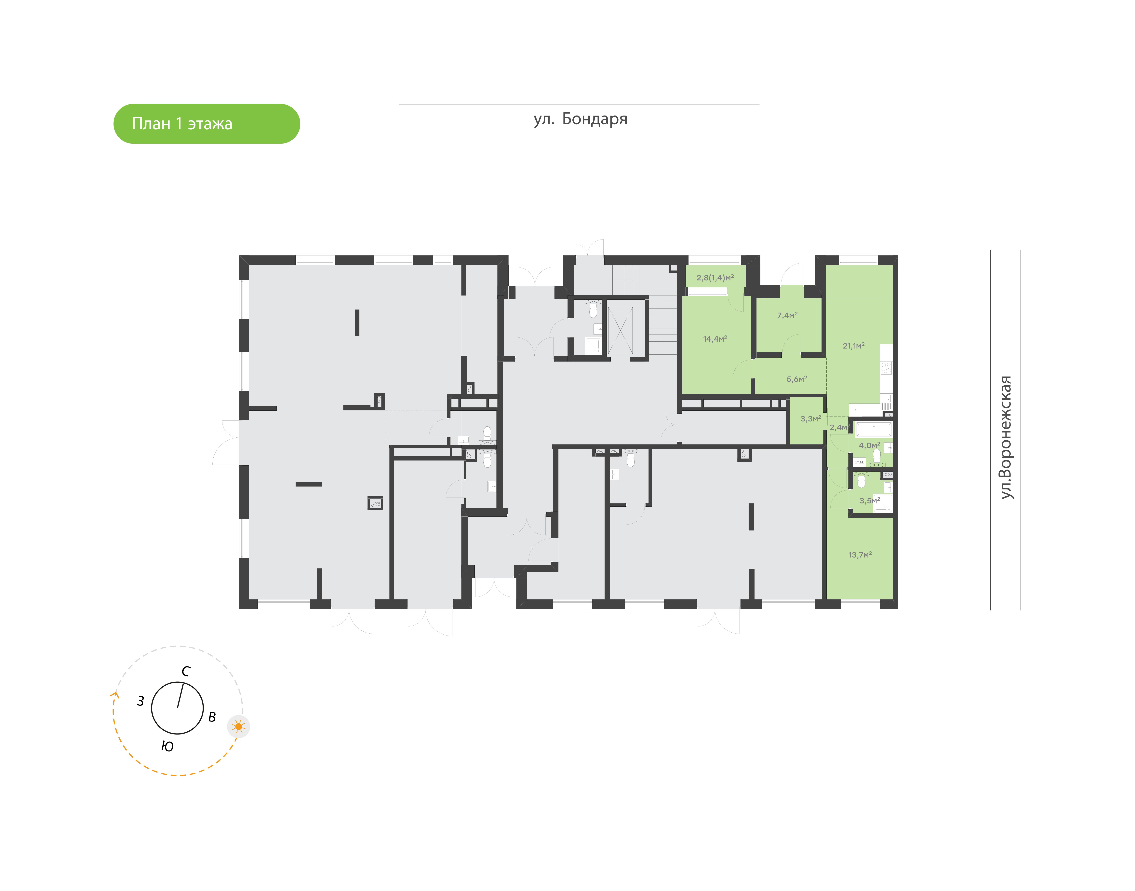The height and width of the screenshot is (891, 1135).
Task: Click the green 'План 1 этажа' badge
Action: [207, 124]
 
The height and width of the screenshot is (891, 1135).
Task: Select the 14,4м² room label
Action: [715, 338]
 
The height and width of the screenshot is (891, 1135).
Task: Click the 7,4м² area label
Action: [787, 315]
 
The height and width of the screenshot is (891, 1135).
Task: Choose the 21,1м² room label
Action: [853, 345]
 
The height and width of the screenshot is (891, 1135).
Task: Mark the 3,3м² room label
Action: [811, 418]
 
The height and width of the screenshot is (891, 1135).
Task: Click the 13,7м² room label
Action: [860, 555]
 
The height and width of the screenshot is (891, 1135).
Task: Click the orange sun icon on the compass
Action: [239, 726]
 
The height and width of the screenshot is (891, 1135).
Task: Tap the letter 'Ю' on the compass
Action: [167, 747]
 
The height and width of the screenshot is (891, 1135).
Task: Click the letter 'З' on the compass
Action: [140, 701]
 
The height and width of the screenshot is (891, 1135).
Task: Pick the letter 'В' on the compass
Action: [212, 717]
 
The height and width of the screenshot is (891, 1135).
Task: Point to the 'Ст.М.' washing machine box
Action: [859, 462]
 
